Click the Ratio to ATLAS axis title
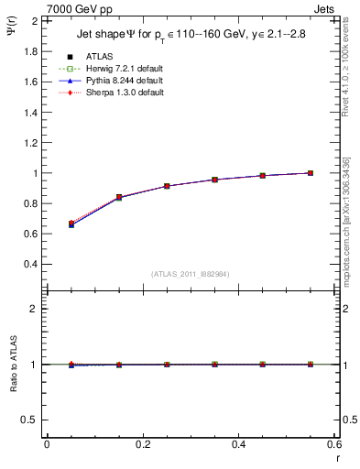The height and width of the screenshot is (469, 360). pyautogui.click(x=14, y=364)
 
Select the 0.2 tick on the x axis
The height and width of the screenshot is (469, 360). pyautogui.click(x=142, y=444)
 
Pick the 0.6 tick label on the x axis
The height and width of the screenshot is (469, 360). pyautogui.click(x=333, y=444)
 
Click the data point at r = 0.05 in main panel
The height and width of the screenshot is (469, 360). pyautogui.click(x=71, y=224)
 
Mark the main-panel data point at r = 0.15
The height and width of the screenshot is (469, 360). pyautogui.click(x=118, y=197)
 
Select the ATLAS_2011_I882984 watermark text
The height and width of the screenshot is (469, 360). pyautogui.click(x=191, y=273)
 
